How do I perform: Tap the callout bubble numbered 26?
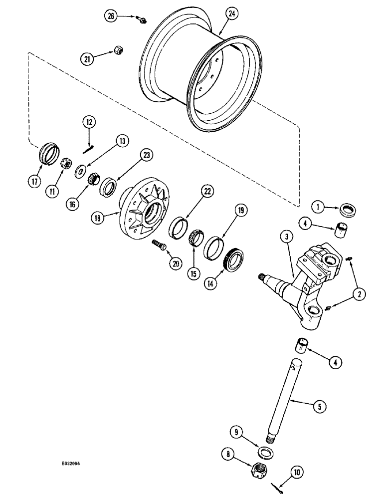click(110, 16)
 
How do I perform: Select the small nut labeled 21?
click(119, 50)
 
